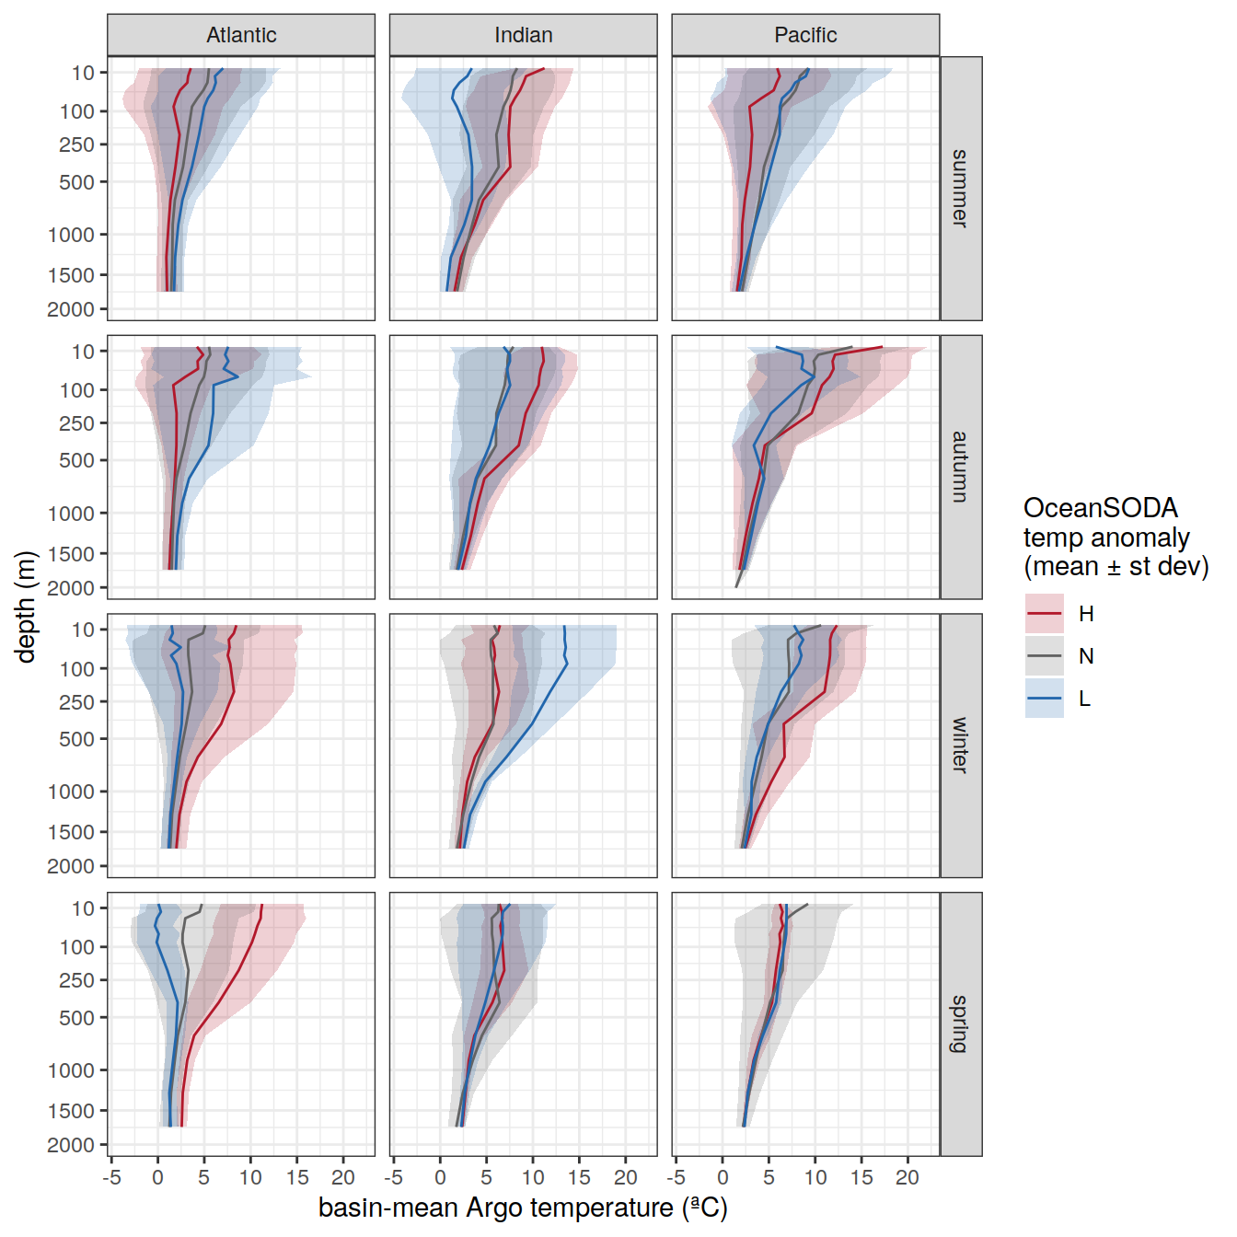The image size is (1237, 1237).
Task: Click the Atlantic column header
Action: [241, 35]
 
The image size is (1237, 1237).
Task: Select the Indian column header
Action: [523, 35]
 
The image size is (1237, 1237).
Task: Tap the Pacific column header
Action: [805, 35]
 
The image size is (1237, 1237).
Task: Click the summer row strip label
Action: [960, 189]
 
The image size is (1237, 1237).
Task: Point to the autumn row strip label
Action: [960, 467]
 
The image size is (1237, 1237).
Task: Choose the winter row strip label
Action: [960, 746]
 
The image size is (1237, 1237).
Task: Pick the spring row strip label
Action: [960, 1023]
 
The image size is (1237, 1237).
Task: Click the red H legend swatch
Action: [1045, 614]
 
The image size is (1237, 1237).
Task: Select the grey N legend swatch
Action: [1045, 656]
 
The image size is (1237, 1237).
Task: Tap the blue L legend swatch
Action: [1045, 699]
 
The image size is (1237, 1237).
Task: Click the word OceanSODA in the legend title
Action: [1100, 508]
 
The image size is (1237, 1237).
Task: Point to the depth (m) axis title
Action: [26, 606]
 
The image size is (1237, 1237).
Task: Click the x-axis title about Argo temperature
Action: [523, 1208]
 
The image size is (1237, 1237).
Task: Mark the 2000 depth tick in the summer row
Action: [71, 309]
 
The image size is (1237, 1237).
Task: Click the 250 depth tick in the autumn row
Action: [77, 423]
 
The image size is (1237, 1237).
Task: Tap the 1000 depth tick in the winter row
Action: [71, 792]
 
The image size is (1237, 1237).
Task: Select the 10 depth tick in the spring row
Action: [84, 908]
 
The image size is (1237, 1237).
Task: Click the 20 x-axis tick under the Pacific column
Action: [908, 1178]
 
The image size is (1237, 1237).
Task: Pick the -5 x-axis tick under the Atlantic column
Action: [111, 1178]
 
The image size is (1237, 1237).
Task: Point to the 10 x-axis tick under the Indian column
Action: [533, 1178]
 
